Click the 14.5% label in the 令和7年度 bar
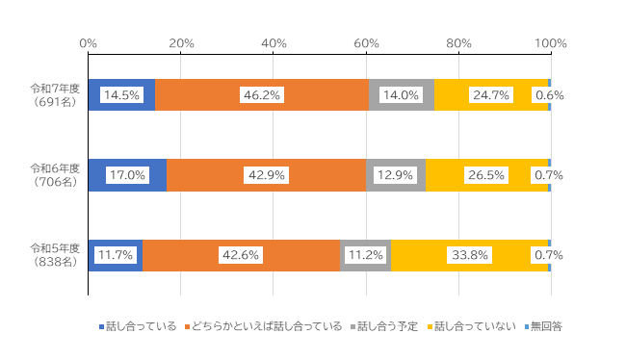120,95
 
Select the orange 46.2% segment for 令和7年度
261,95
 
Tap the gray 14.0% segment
401,95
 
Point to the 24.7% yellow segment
490,95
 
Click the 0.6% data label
549,95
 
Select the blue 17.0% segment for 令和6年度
126,175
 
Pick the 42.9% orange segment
266,175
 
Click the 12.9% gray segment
395,175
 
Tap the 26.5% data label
486,175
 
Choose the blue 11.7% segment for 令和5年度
115,255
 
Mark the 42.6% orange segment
241,255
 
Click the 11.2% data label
365,255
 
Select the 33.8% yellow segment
469,255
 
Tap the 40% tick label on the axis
274,43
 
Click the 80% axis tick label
458,43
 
